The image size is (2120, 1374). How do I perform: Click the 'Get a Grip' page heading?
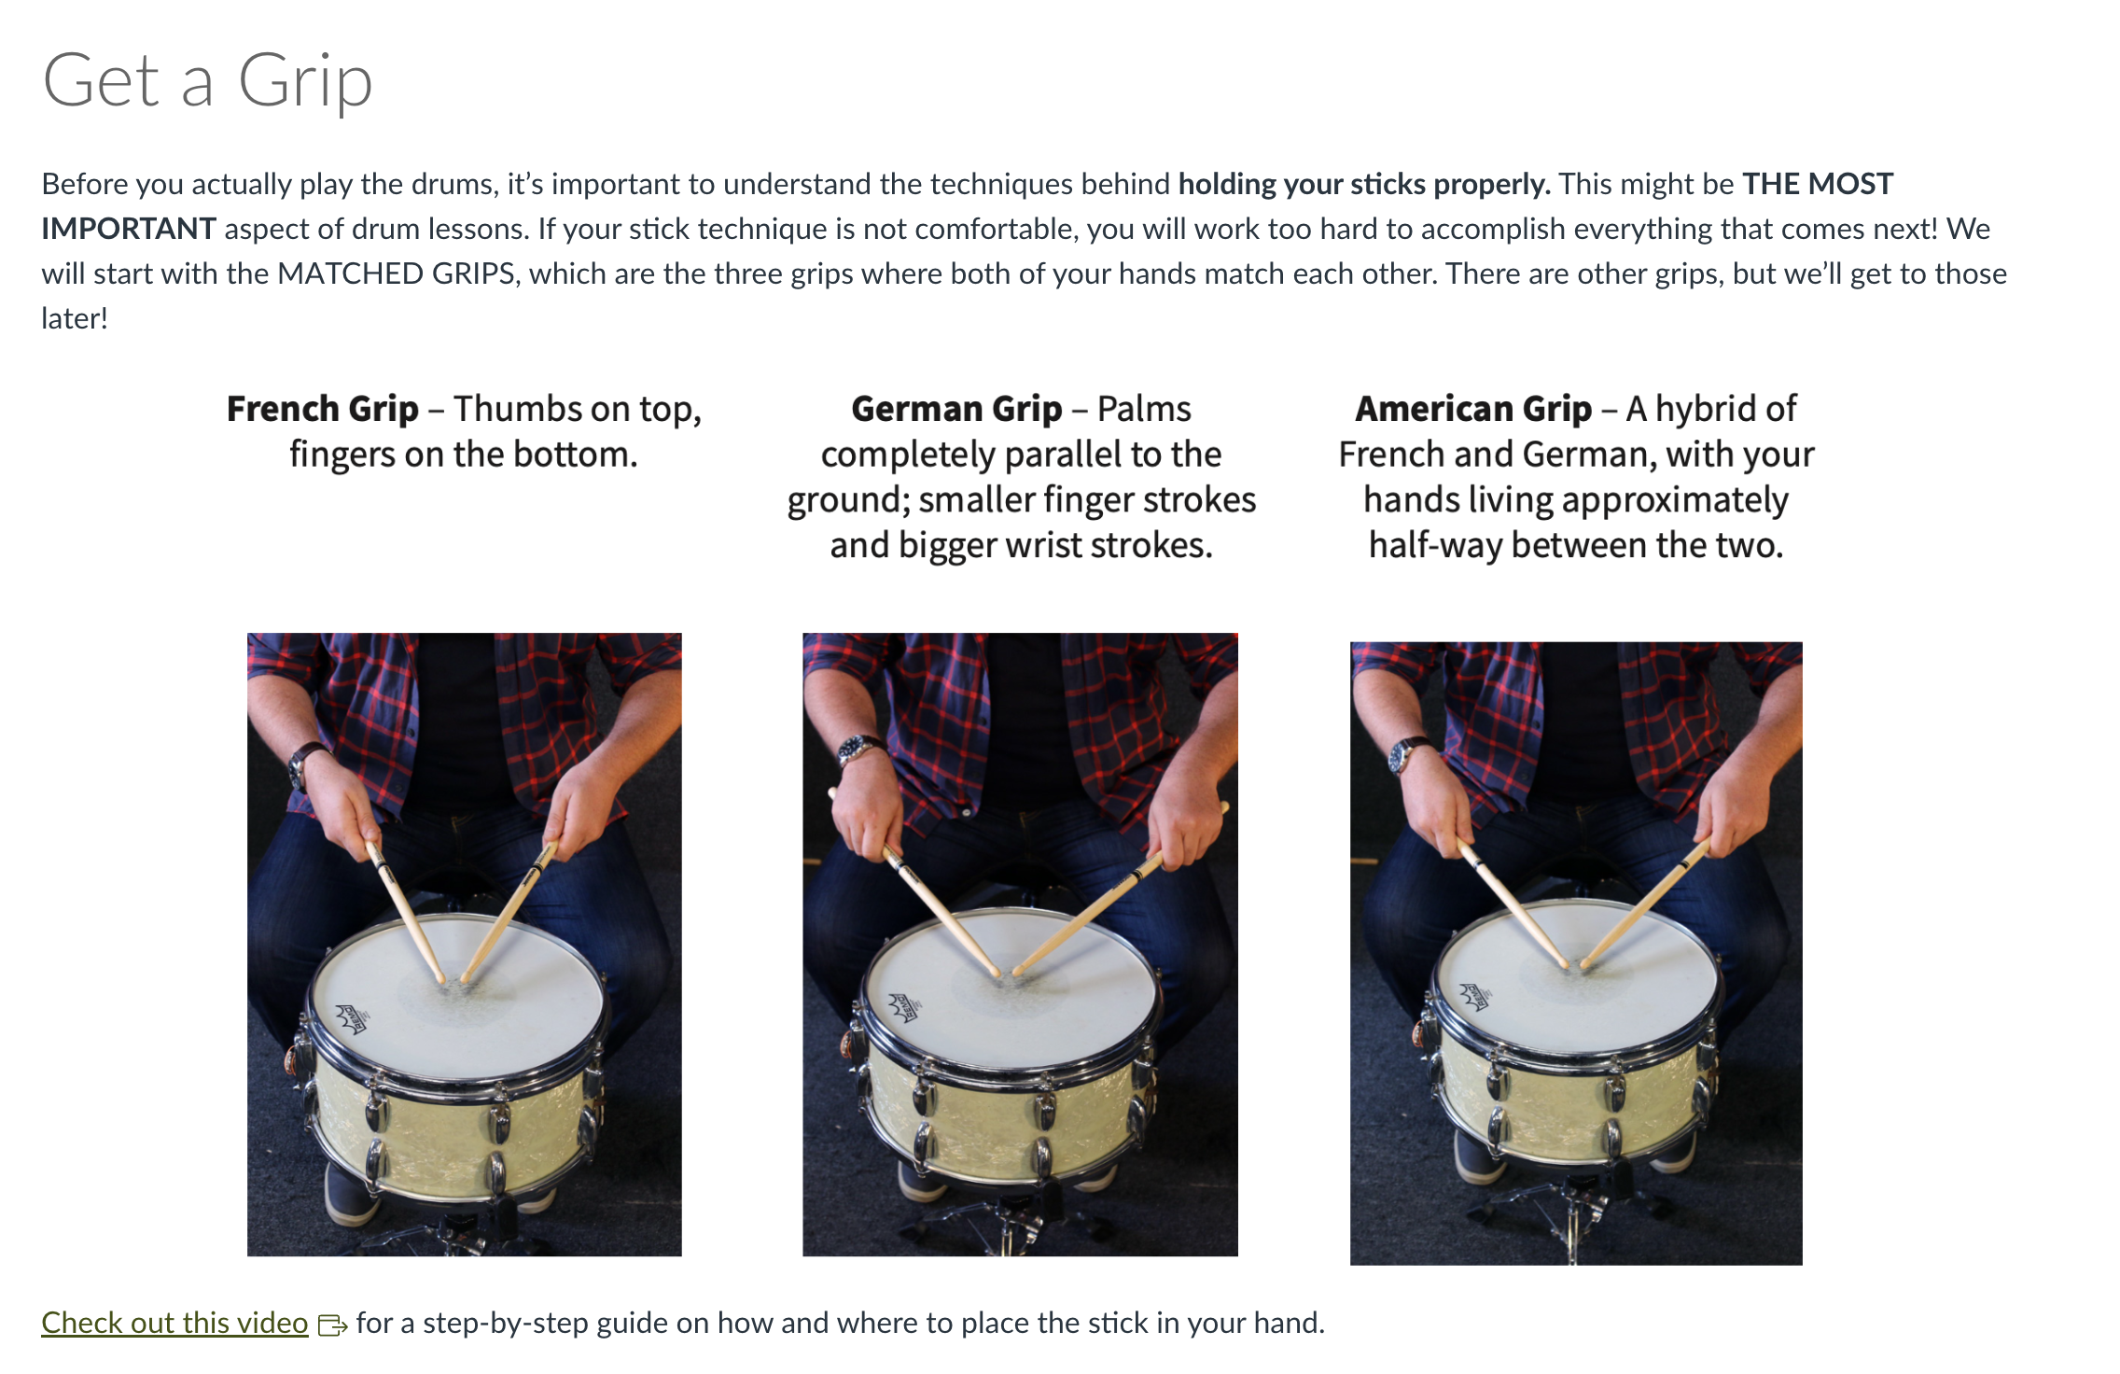click(207, 82)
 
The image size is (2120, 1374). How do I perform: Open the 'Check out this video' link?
click(174, 1323)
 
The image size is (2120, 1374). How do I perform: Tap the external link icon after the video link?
click(332, 1325)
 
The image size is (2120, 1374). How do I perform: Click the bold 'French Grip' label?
click(323, 410)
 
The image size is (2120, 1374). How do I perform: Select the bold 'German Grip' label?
click(956, 410)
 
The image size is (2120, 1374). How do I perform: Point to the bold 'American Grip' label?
click(1473, 410)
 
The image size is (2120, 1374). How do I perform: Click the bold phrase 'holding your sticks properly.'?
click(1364, 184)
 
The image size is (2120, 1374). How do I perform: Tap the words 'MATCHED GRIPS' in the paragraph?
click(397, 273)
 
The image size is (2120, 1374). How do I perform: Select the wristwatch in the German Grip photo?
click(860, 749)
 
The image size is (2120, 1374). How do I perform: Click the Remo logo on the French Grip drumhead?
click(352, 1016)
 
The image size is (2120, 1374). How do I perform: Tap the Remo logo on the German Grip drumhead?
click(904, 1007)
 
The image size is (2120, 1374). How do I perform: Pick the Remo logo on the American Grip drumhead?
click(1474, 996)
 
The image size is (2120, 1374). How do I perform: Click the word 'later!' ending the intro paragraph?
click(75, 318)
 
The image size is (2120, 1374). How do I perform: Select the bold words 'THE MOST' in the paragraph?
click(1818, 184)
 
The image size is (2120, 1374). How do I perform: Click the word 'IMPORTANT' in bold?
click(129, 229)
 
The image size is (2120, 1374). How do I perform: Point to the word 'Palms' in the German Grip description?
click(1144, 410)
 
